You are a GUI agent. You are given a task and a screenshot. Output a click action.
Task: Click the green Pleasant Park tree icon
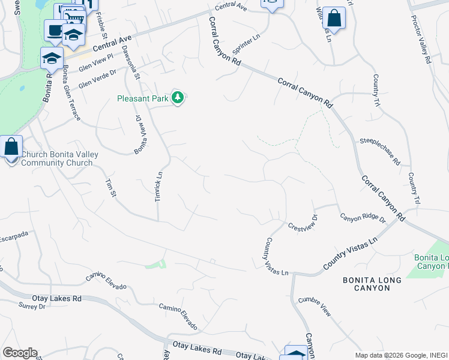(x=177, y=97)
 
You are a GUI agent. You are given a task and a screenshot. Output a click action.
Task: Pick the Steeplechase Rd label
(x=380, y=152)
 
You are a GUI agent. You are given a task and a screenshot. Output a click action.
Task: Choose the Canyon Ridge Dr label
(x=363, y=218)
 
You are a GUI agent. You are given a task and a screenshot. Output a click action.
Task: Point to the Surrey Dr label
(x=32, y=306)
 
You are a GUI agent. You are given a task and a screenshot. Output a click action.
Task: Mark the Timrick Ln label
(x=159, y=187)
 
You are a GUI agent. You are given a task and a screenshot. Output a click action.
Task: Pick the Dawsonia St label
(x=130, y=63)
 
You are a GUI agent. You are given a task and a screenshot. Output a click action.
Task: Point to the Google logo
(x=20, y=353)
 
